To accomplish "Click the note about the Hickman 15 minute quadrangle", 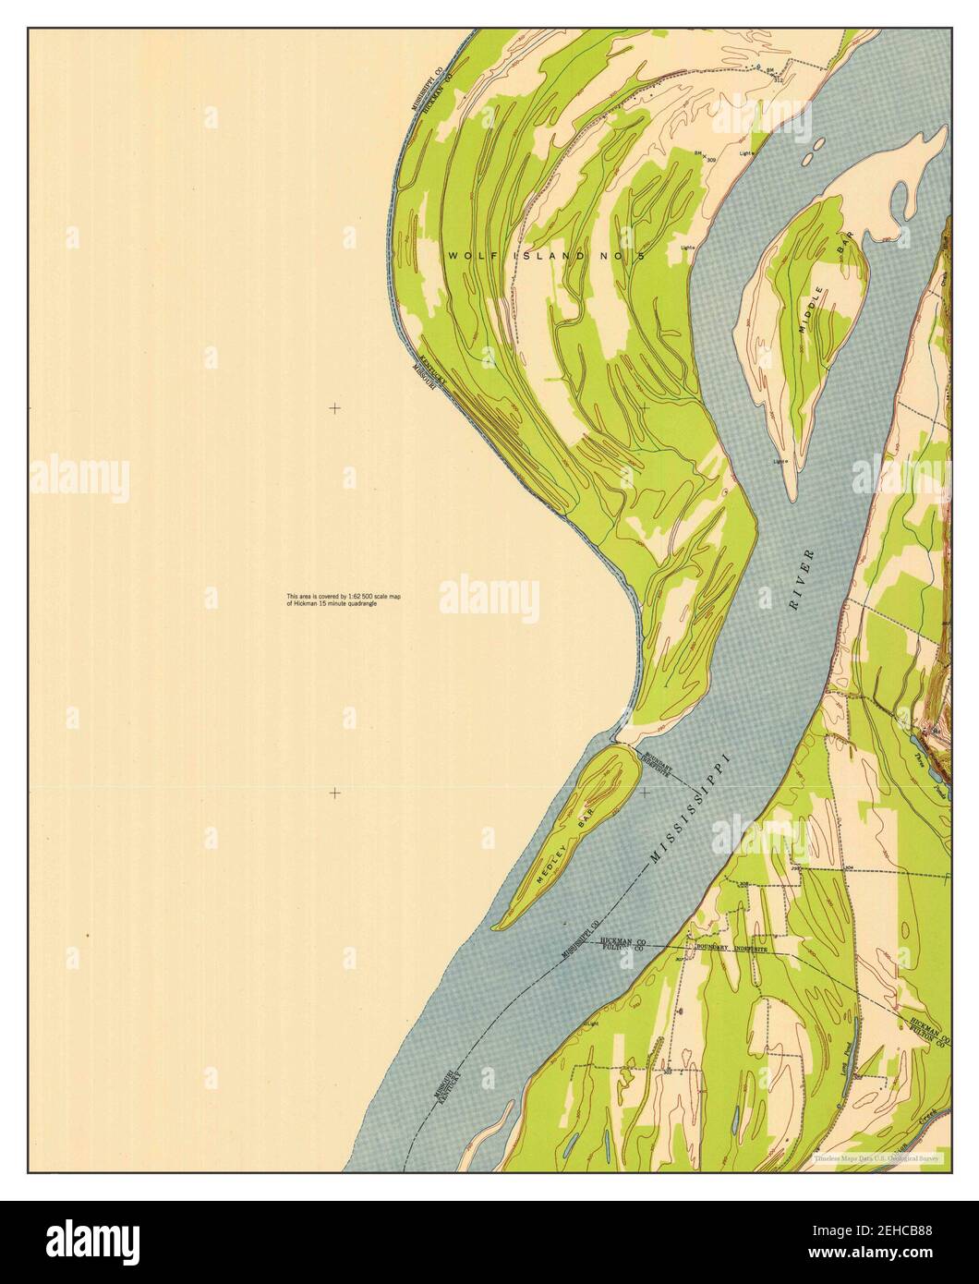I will coord(344,600).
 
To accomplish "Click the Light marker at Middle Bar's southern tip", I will coord(780,460).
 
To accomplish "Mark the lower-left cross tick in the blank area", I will coord(334,793).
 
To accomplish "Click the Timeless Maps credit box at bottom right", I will coord(877,1157).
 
